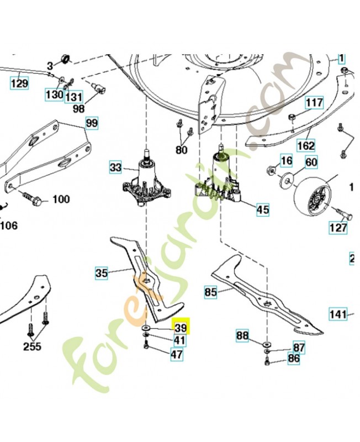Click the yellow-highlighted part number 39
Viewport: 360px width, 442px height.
point(181,328)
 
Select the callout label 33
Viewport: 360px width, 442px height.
point(115,166)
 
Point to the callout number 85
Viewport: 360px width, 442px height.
point(210,291)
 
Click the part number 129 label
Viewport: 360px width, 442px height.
point(19,83)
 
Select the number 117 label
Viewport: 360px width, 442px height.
point(314,103)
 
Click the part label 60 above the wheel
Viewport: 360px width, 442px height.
point(311,161)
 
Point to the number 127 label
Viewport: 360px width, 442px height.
point(338,227)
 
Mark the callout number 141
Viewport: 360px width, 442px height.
point(338,314)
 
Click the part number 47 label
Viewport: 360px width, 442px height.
point(176,355)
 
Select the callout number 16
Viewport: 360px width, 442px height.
point(285,161)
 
